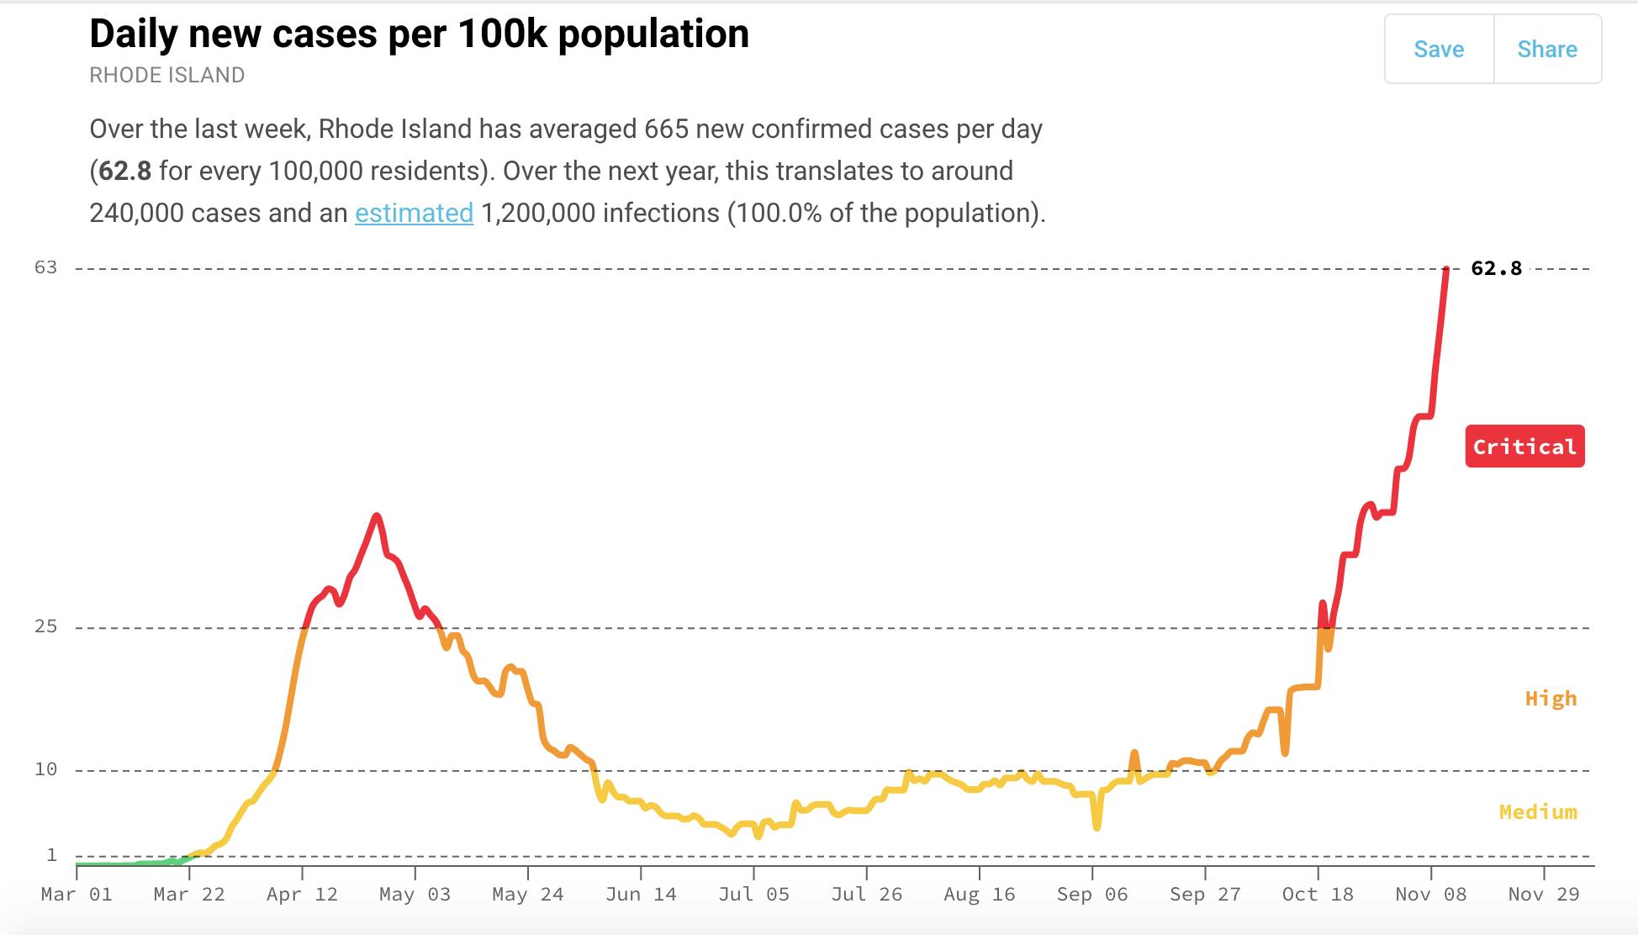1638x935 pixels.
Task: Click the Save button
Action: [1439, 50]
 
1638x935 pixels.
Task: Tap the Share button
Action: [1547, 50]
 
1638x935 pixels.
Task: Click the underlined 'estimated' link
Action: [414, 214]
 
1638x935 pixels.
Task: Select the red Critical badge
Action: [1524, 446]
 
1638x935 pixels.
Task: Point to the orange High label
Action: [1551, 699]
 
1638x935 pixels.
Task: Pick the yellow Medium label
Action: [1538, 812]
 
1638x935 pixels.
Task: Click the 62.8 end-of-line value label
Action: [1496, 268]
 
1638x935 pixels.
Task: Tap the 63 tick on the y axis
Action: [45, 267]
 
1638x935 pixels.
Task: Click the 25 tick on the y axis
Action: [45, 626]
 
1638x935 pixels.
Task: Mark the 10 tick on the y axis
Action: [45, 769]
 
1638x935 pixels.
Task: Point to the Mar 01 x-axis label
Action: [77, 895]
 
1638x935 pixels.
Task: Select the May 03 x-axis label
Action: [415, 895]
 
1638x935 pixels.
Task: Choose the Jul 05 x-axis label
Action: [753, 895]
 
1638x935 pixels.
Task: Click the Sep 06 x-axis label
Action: [1092, 895]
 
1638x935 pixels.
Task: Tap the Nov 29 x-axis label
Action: [1544, 895]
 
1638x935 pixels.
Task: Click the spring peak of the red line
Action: [377, 515]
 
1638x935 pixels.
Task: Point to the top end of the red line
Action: [1446, 270]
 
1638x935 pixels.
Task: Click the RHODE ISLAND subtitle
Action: [166, 76]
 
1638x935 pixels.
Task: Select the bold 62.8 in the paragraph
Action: [125, 172]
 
